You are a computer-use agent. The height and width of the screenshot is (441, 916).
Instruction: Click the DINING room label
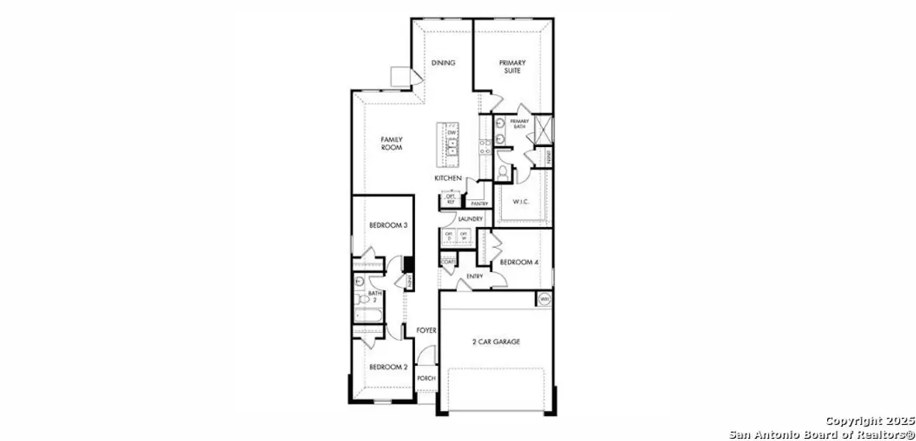pos(443,63)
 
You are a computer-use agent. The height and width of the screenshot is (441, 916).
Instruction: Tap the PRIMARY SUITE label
pos(513,67)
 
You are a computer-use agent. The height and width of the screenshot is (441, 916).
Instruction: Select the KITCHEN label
pos(447,179)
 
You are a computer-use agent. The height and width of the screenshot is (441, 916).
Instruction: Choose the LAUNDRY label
pos(469,219)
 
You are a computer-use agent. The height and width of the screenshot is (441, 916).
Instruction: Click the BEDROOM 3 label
pos(388,226)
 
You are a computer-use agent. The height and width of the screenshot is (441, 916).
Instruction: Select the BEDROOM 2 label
pos(388,367)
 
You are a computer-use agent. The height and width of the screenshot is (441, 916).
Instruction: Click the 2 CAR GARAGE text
pos(496,342)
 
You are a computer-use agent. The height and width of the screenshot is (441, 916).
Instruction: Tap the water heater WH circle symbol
pos(544,299)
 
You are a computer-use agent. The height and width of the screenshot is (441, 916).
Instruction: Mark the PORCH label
pos(426,379)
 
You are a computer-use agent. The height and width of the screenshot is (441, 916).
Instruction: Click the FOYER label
pos(427,331)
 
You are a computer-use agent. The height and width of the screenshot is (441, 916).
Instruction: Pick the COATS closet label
pos(447,262)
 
